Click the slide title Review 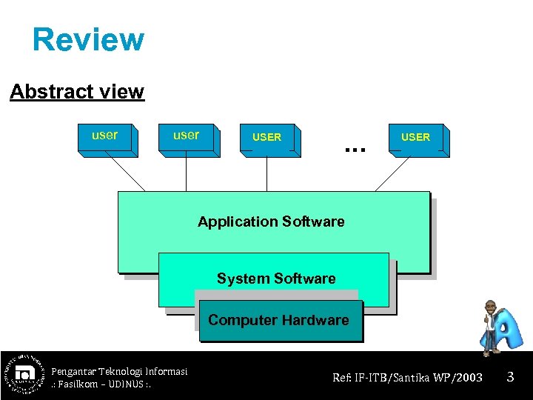pyautogui.click(x=88, y=39)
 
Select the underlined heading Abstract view pyautogui.click(x=77, y=92)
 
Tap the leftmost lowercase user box pyautogui.click(x=105, y=138)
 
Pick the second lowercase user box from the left pyautogui.click(x=187, y=138)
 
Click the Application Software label pyautogui.click(x=271, y=221)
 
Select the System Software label pyautogui.click(x=276, y=279)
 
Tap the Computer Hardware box pyautogui.click(x=278, y=321)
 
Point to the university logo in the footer pyautogui.click(x=24, y=374)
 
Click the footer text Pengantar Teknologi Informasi pyautogui.click(x=119, y=371)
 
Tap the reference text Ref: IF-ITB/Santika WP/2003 pyautogui.click(x=407, y=378)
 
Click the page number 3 pyautogui.click(x=510, y=378)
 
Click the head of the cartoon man pyautogui.click(x=490, y=306)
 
